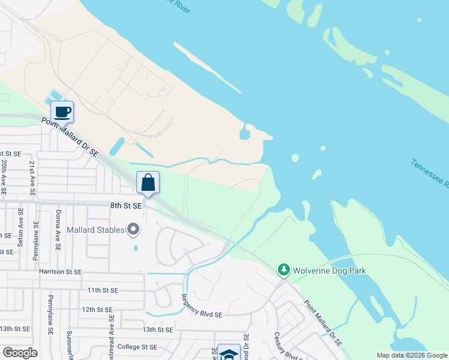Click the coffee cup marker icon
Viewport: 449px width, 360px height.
click(62, 111)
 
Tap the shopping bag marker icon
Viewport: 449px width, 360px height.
click(148, 182)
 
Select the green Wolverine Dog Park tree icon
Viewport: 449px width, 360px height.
click(283, 271)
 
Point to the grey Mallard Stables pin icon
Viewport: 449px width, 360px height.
click(133, 230)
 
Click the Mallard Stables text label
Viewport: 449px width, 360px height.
click(95, 230)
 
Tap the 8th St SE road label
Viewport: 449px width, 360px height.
click(125, 205)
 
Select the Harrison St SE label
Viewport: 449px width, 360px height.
click(59, 272)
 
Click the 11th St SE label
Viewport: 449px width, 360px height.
click(103, 290)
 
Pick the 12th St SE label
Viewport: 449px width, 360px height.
click(98, 310)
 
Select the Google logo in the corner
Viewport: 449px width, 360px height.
click(20, 353)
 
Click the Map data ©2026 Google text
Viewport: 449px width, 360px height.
click(412, 355)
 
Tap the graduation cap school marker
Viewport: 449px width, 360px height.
click(228, 353)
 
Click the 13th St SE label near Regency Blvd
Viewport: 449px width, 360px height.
click(157, 329)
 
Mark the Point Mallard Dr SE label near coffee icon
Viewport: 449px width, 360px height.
click(70, 137)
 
